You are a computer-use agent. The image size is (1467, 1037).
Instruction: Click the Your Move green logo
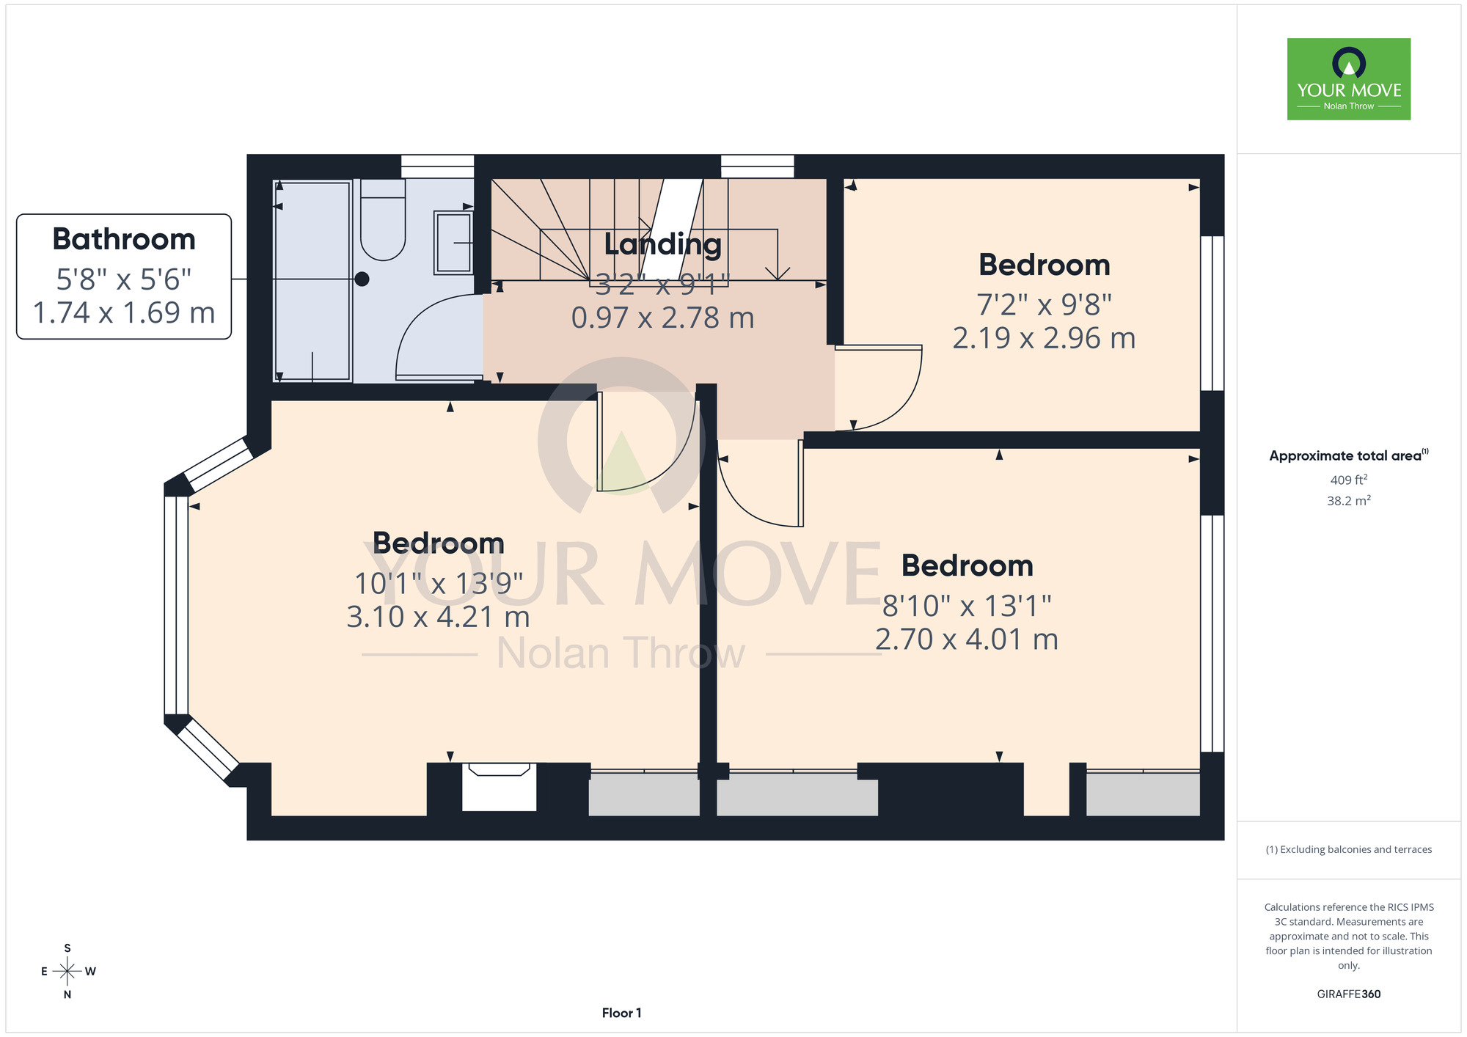pos(1348,79)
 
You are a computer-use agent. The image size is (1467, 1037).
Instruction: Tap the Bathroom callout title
pos(124,239)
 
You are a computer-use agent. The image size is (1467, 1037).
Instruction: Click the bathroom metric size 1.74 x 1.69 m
pos(124,312)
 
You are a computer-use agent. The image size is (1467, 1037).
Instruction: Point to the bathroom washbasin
pos(453,243)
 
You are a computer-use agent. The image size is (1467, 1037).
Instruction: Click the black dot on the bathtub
pos(362,279)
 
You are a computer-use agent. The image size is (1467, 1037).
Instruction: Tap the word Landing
pos(663,244)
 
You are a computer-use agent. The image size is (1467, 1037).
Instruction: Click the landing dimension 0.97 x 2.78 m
pos(663,318)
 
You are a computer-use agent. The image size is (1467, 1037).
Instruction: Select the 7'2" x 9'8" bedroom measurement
pos(1044,304)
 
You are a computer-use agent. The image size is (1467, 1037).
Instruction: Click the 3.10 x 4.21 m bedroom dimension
pos(438,617)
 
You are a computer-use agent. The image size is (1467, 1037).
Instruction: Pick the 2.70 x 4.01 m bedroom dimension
pos(967,640)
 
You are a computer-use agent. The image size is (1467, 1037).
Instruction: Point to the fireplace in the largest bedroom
pos(499,786)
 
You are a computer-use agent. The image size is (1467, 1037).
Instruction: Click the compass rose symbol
pos(67,972)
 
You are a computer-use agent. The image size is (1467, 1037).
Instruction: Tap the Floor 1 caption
pos(621,1013)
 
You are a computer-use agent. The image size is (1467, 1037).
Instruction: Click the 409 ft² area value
pos(1349,480)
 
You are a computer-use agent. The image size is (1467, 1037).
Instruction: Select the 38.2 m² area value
pos(1349,501)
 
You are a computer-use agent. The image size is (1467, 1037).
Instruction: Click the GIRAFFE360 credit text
pos(1349,994)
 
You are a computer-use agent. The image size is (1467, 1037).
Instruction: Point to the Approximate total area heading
pos(1349,455)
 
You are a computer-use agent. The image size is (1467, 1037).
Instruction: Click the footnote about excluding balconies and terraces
pos(1349,849)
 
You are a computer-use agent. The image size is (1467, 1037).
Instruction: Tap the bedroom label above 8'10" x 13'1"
pos(967,565)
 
